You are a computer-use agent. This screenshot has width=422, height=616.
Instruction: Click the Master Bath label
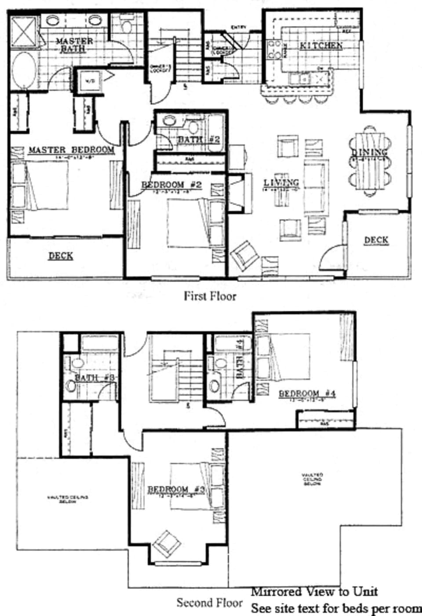pos(74,45)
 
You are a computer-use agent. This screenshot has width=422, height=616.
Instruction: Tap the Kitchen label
pos(321,46)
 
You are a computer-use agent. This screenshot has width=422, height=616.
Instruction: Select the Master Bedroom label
pos(71,150)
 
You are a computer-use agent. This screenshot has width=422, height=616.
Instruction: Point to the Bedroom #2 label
pos(171,185)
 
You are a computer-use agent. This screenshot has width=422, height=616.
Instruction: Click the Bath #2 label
pos(198,140)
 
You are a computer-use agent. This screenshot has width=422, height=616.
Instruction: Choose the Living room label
pos(281,182)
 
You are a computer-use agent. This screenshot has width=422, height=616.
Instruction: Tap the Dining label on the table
pos(370,152)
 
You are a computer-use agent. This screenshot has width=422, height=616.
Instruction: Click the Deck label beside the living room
pos(376,240)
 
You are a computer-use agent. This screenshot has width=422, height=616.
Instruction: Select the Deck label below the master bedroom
pos(61,256)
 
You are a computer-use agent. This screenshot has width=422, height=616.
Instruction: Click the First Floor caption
pos(210,296)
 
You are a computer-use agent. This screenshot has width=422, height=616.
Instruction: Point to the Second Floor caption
pos(209,603)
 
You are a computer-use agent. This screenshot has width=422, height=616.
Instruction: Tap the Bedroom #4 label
pos(307,393)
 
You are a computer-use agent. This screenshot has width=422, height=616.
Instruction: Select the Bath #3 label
pos(95,378)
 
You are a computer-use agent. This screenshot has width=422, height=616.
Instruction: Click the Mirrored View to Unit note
pos(314,592)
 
